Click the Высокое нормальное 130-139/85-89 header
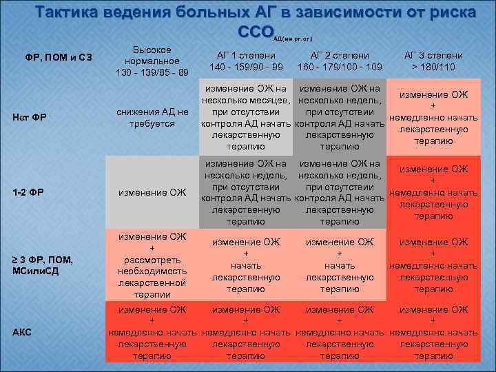click(x=152, y=61)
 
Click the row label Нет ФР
click(x=30, y=117)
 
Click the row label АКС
click(x=23, y=333)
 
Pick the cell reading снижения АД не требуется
click(x=152, y=118)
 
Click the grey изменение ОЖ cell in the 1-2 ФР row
click(x=152, y=192)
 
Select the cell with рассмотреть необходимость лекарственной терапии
click(x=152, y=265)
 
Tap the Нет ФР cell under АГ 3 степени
click(x=433, y=118)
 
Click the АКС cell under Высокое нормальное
click(x=152, y=333)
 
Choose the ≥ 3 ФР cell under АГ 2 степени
click(x=340, y=265)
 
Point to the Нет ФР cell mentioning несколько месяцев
click(x=247, y=118)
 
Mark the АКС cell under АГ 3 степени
click(x=433, y=333)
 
